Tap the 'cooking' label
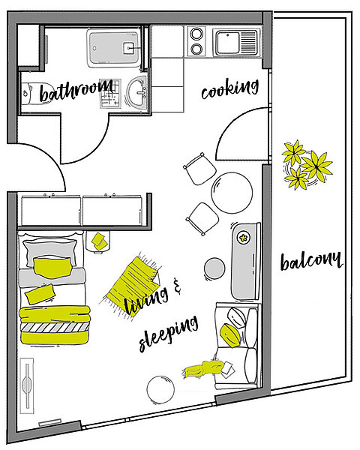[x=230, y=88]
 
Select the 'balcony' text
[x=311, y=261]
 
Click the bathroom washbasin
[x=136, y=92]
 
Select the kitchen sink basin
[x=228, y=43]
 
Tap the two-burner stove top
[x=196, y=41]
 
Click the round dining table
[x=232, y=193]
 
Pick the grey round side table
[x=214, y=268]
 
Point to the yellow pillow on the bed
[x=52, y=268]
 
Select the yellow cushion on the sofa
[x=230, y=335]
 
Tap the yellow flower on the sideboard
[x=244, y=238]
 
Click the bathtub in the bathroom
[x=114, y=48]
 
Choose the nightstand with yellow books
[x=98, y=241]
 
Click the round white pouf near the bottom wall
[x=160, y=390]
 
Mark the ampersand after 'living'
[x=177, y=286]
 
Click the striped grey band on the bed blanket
[x=55, y=328]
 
